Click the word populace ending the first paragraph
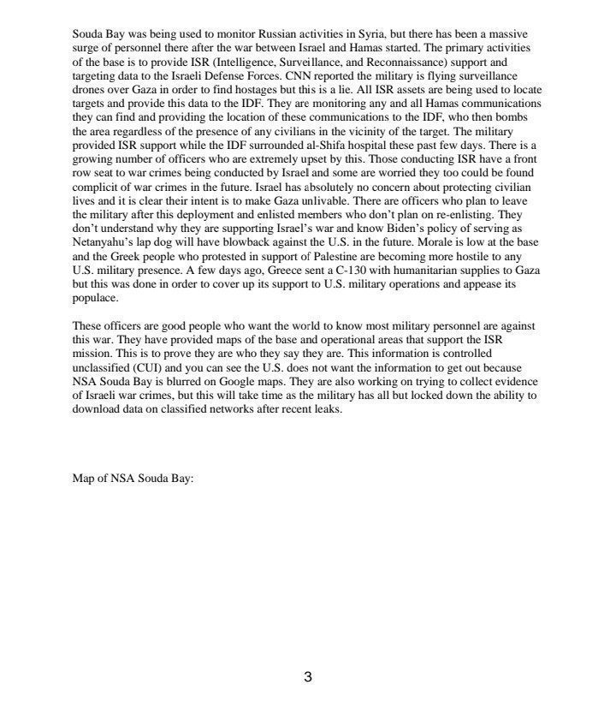pyautogui.click(x=95, y=298)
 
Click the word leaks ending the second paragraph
pyautogui.click(x=326, y=409)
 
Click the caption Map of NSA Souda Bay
pyautogui.click(x=133, y=479)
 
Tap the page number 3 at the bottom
pyautogui.click(x=308, y=677)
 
